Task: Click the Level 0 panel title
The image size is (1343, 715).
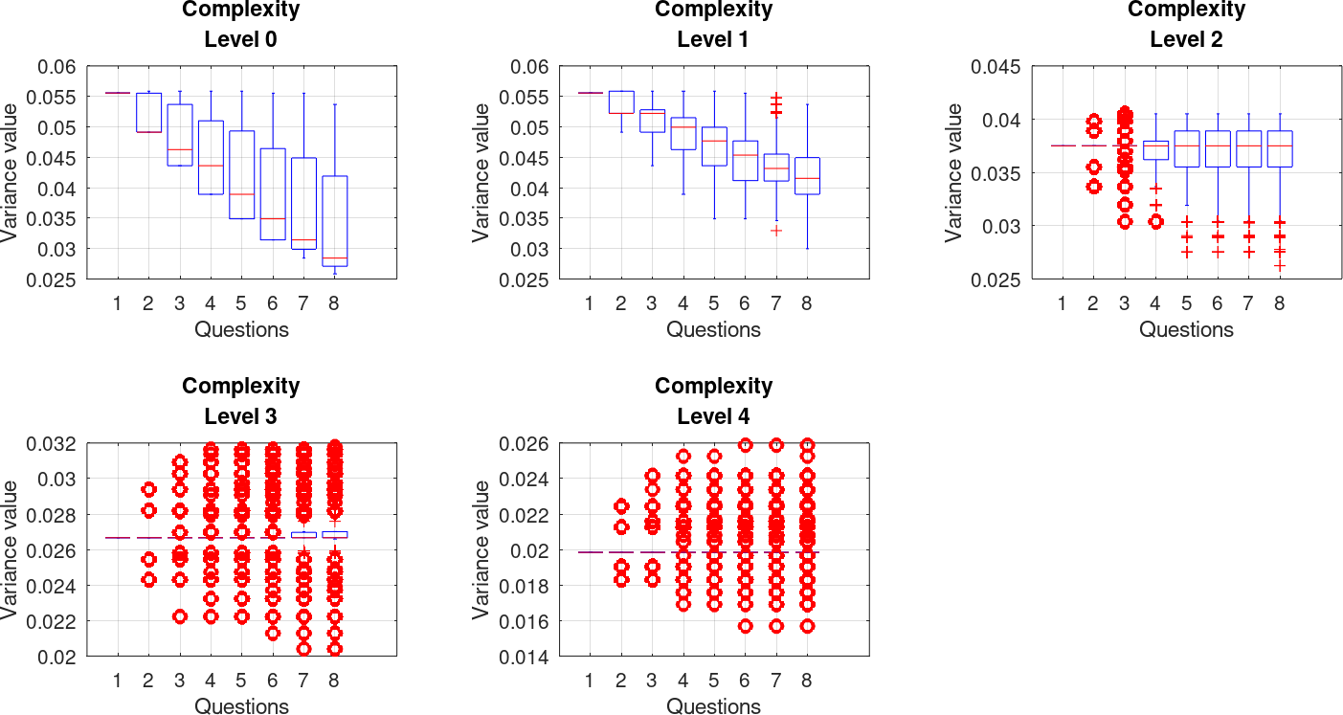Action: pyautogui.click(x=241, y=25)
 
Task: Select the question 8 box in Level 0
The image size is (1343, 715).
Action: pyautogui.click(x=334, y=221)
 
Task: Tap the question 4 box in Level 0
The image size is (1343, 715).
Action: pyautogui.click(x=211, y=157)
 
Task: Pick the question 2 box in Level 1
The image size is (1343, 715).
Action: pyautogui.click(x=621, y=102)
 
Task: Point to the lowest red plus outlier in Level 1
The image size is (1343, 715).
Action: pyautogui.click(x=776, y=231)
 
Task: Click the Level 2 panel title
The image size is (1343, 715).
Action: pyautogui.click(x=1186, y=25)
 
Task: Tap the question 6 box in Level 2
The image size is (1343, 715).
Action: pyautogui.click(x=1218, y=149)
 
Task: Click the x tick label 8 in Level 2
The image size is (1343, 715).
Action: pyautogui.click(x=1279, y=304)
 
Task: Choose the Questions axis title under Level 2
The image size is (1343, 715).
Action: pyautogui.click(x=1186, y=330)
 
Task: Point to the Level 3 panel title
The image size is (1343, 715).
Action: pyautogui.click(x=241, y=401)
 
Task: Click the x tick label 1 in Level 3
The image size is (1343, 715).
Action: pyautogui.click(x=118, y=681)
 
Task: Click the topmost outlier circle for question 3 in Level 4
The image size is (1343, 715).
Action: pyautogui.click(x=652, y=475)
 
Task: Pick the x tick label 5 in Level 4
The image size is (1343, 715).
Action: pyautogui.click(x=714, y=681)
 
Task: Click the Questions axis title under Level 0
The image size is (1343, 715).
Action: pyautogui.click(x=241, y=330)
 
